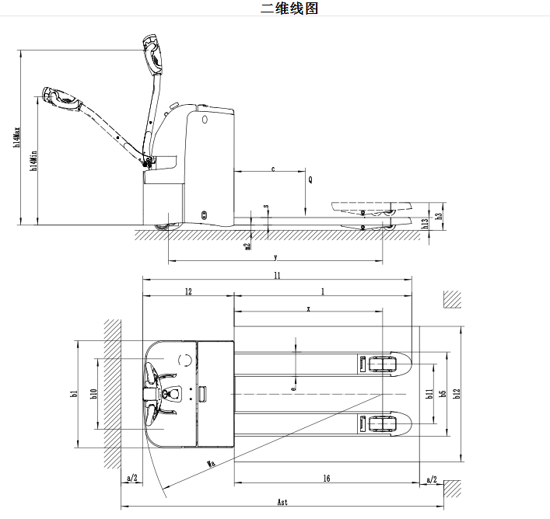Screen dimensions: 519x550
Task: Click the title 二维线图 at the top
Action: click(289, 9)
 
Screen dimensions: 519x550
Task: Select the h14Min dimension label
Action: click(33, 162)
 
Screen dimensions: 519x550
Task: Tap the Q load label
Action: click(310, 179)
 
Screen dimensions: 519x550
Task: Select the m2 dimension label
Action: click(247, 246)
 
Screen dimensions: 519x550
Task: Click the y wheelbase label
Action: click(275, 256)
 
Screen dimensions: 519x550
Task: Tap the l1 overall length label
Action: click(276, 275)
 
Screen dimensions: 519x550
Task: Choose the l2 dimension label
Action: click(187, 291)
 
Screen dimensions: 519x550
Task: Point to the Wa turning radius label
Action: click(210, 464)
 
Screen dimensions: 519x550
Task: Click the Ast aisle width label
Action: click(282, 502)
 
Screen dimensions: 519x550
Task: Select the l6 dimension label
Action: click(327, 479)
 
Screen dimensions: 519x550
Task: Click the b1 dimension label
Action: click(74, 394)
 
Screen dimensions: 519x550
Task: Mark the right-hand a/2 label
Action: click(431, 479)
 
